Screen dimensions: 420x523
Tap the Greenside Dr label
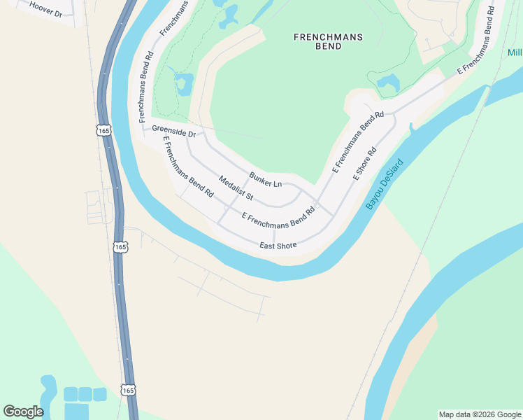click(x=173, y=130)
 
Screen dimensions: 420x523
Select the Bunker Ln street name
click(x=265, y=179)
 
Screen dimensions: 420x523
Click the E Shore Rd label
click(x=365, y=163)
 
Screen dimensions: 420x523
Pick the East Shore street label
click(x=278, y=245)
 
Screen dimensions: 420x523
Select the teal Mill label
click(x=515, y=53)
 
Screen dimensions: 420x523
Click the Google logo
click(x=23, y=411)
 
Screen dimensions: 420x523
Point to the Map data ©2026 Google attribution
click(x=479, y=414)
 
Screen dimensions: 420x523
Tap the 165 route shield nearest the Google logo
click(x=127, y=390)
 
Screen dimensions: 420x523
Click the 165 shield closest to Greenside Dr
click(x=104, y=130)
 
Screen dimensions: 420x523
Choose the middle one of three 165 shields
click(x=120, y=247)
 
